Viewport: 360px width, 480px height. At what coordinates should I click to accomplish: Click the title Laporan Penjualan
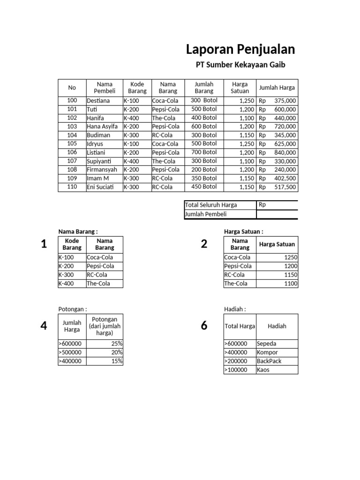click(240, 49)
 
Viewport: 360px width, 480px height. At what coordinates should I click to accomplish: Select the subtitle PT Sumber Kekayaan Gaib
click(240, 65)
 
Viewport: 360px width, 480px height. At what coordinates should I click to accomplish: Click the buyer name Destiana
click(98, 101)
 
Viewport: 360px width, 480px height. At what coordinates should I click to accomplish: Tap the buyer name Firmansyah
click(102, 170)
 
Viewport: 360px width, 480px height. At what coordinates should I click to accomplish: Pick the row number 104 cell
click(72, 135)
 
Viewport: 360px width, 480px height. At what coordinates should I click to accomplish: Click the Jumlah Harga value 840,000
click(285, 152)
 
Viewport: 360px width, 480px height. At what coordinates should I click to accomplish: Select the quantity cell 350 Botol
click(204, 178)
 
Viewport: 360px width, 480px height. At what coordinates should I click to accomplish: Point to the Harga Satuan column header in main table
click(240, 88)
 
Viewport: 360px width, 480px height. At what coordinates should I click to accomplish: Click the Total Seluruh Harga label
click(211, 205)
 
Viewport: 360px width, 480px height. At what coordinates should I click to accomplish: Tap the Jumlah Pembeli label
click(206, 214)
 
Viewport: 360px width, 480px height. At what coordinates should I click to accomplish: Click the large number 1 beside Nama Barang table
click(44, 244)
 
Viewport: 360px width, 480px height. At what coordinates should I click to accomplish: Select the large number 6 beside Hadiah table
click(204, 326)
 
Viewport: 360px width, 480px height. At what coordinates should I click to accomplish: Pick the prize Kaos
click(263, 370)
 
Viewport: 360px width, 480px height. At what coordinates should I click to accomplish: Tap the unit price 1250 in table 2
click(290, 257)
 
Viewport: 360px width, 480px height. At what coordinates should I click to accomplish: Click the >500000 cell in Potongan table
click(70, 352)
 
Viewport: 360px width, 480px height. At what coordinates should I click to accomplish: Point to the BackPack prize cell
click(269, 361)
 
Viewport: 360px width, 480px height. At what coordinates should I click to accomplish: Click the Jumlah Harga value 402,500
click(285, 179)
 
